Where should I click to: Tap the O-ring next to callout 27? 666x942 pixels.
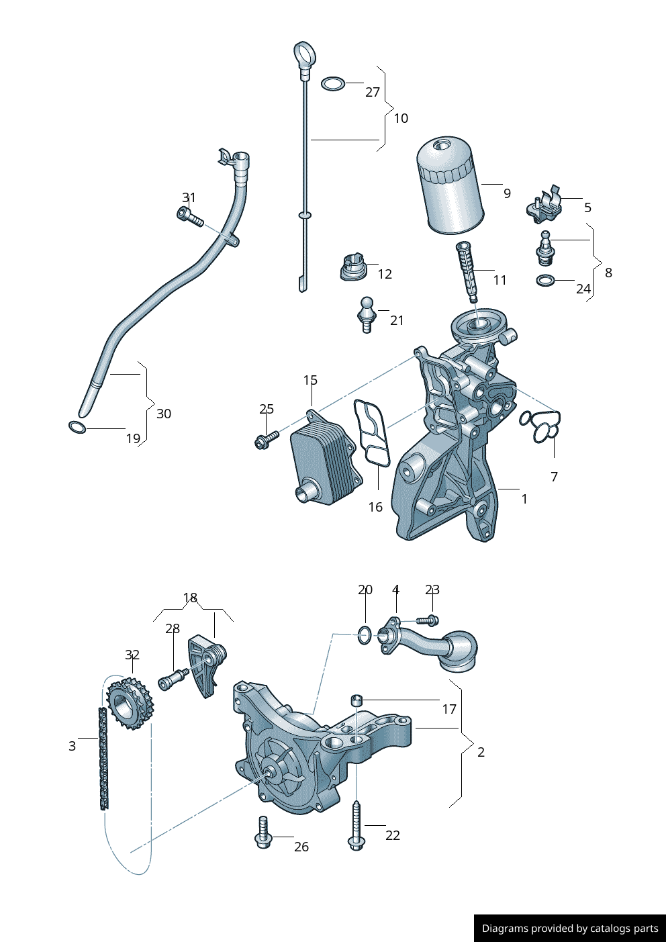tap(332, 84)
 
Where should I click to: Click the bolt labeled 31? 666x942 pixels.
tap(189, 216)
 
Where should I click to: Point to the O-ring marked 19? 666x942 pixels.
tap(78, 427)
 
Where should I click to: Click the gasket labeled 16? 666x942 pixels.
tap(372, 433)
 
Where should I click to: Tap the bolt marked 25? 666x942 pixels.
tap(265, 440)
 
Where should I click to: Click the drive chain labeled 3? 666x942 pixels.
tap(103, 759)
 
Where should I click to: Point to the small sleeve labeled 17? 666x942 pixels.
tap(356, 701)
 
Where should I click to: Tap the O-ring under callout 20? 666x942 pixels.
tap(364, 634)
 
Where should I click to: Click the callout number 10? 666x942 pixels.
tap(401, 118)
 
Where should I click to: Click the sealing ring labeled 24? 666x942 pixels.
tap(546, 280)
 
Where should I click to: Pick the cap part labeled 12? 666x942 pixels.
tap(352, 267)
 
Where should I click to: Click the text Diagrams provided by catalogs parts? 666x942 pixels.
tap(569, 929)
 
